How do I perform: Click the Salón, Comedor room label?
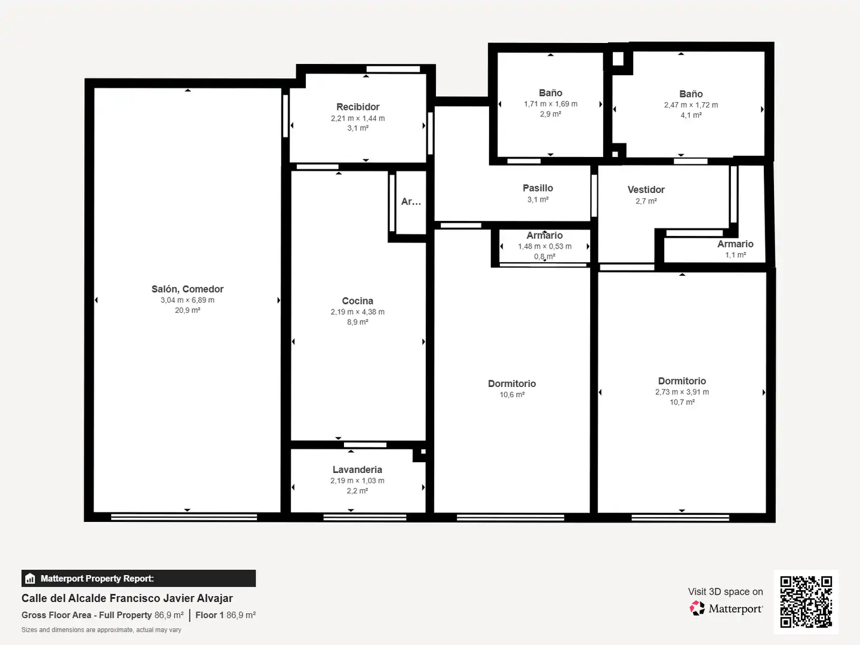(x=188, y=289)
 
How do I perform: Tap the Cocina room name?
(x=357, y=301)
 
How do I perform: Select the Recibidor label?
(x=358, y=107)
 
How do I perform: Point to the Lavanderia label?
(x=357, y=469)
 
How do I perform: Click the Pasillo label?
(x=537, y=188)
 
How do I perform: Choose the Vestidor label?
(x=646, y=189)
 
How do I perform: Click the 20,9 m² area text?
(x=188, y=310)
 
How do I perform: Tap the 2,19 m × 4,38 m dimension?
(x=357, y=312)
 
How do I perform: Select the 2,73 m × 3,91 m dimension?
(x=682, y=392)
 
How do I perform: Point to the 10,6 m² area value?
(x=512, y=394)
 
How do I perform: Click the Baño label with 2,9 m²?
(x=551, y=93)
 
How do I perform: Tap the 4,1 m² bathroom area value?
(x=691, y=115)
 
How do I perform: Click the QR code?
(x=806, y=601)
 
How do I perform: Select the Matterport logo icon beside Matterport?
(x=697, y=608)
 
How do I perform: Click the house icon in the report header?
(x=30, y=579)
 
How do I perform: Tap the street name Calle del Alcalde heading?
(x=127, y=598)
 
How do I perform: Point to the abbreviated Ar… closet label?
(x=411, y=202)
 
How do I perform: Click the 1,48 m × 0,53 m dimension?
(x=545, y=246)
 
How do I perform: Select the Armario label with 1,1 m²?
(x=735, y=244)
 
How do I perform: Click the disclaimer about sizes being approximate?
(x=101, y=629)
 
